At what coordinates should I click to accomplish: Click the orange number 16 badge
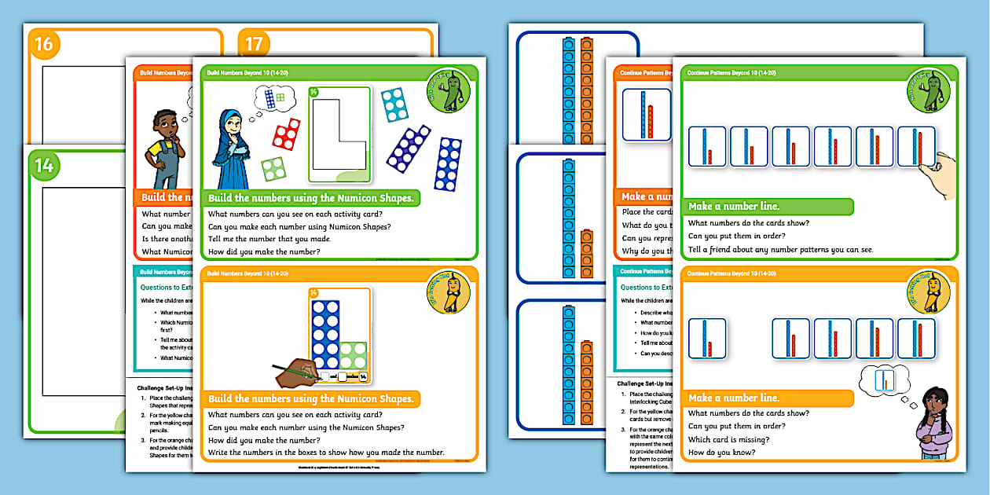coord(44,44)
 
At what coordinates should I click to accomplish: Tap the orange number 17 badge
coord(253,44)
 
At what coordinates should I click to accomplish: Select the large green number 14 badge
coord(44,164)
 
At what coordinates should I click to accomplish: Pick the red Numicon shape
coord(286,134)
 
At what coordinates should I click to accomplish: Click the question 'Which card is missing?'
coord(728,440)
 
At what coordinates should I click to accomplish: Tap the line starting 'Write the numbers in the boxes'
coord(326,453)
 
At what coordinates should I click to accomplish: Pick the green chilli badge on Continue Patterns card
coord(929,92)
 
